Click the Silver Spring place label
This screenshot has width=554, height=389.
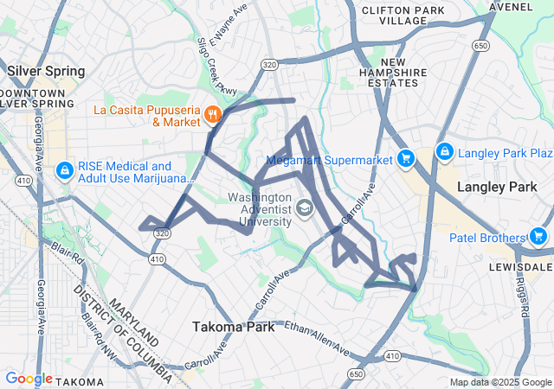pos(46,71)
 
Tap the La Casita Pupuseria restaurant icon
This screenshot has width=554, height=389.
pos(213,113)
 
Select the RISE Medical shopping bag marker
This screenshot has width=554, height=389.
pos(64,171)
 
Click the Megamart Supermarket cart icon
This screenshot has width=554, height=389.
pos(405,158)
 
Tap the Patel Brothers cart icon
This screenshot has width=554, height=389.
pos(538,236)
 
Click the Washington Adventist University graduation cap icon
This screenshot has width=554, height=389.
pos(305,208)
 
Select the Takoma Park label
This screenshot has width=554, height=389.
pos(232,327)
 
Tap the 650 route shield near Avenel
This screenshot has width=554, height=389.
pos(480,45)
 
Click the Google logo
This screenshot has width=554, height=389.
pos(29,379)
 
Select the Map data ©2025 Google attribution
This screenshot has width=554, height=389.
pos(500,382)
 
